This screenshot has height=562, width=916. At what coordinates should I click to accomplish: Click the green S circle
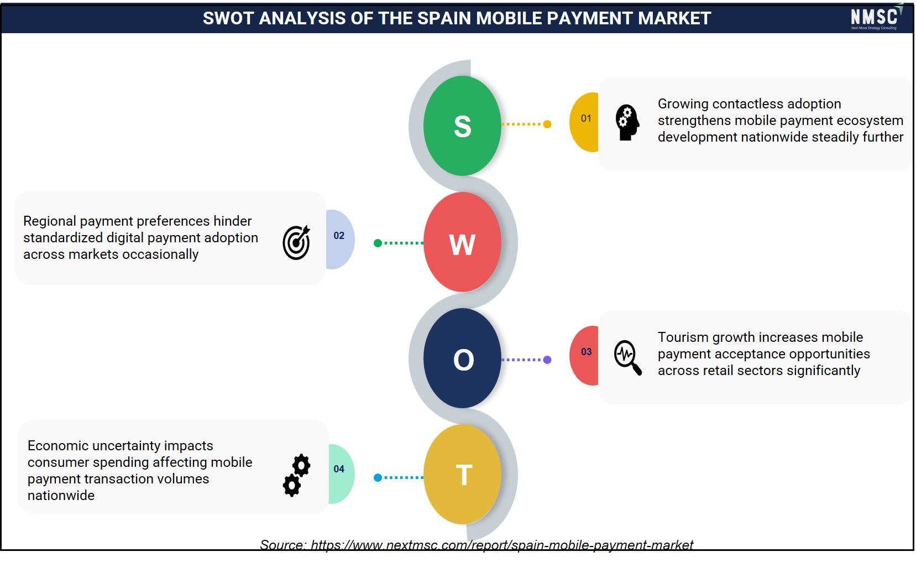pos(462,126)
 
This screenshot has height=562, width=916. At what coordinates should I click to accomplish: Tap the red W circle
pos(462,242)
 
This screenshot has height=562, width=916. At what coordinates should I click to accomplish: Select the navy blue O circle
pos(462,358)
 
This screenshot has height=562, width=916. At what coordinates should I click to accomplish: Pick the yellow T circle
pos(462,474)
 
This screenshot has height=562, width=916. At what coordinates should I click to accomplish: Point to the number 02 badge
pos(340,240)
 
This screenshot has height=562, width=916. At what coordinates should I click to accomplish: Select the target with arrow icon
pos(296,242)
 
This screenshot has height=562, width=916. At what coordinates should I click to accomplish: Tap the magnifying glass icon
pos(627,357)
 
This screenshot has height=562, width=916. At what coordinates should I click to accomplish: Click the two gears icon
pos(297,475)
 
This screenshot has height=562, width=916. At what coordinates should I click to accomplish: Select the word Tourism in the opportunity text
pos(683,337)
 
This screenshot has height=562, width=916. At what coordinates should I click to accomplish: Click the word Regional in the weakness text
pos(50,221)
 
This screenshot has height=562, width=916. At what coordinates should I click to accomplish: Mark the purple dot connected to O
pos(547,360)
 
